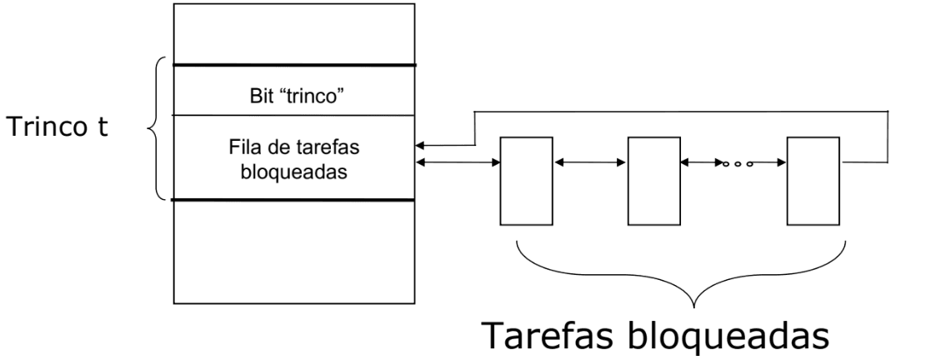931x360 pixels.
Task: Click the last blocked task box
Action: click(814, 181)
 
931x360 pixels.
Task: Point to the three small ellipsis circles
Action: click(733, 162)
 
